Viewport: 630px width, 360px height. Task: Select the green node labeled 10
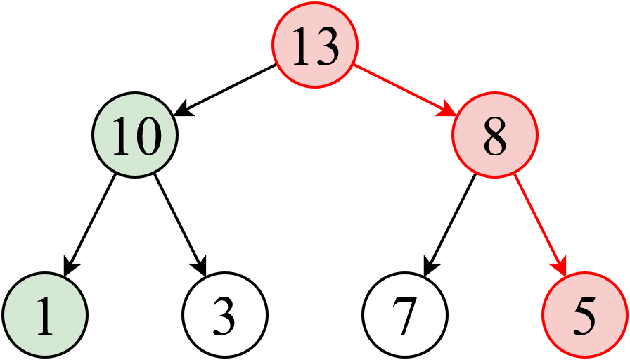(135, 136)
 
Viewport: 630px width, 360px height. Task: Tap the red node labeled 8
(495, 135)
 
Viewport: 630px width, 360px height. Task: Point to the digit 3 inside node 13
(328, 46)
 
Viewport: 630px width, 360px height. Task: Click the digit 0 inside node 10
(148, 136)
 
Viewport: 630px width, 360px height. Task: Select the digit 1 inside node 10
(122, 136)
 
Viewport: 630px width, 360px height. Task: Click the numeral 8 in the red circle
(495, 136)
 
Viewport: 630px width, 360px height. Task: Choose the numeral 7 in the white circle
(405, 316)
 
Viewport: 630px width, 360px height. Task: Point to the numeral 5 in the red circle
(585, 316)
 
